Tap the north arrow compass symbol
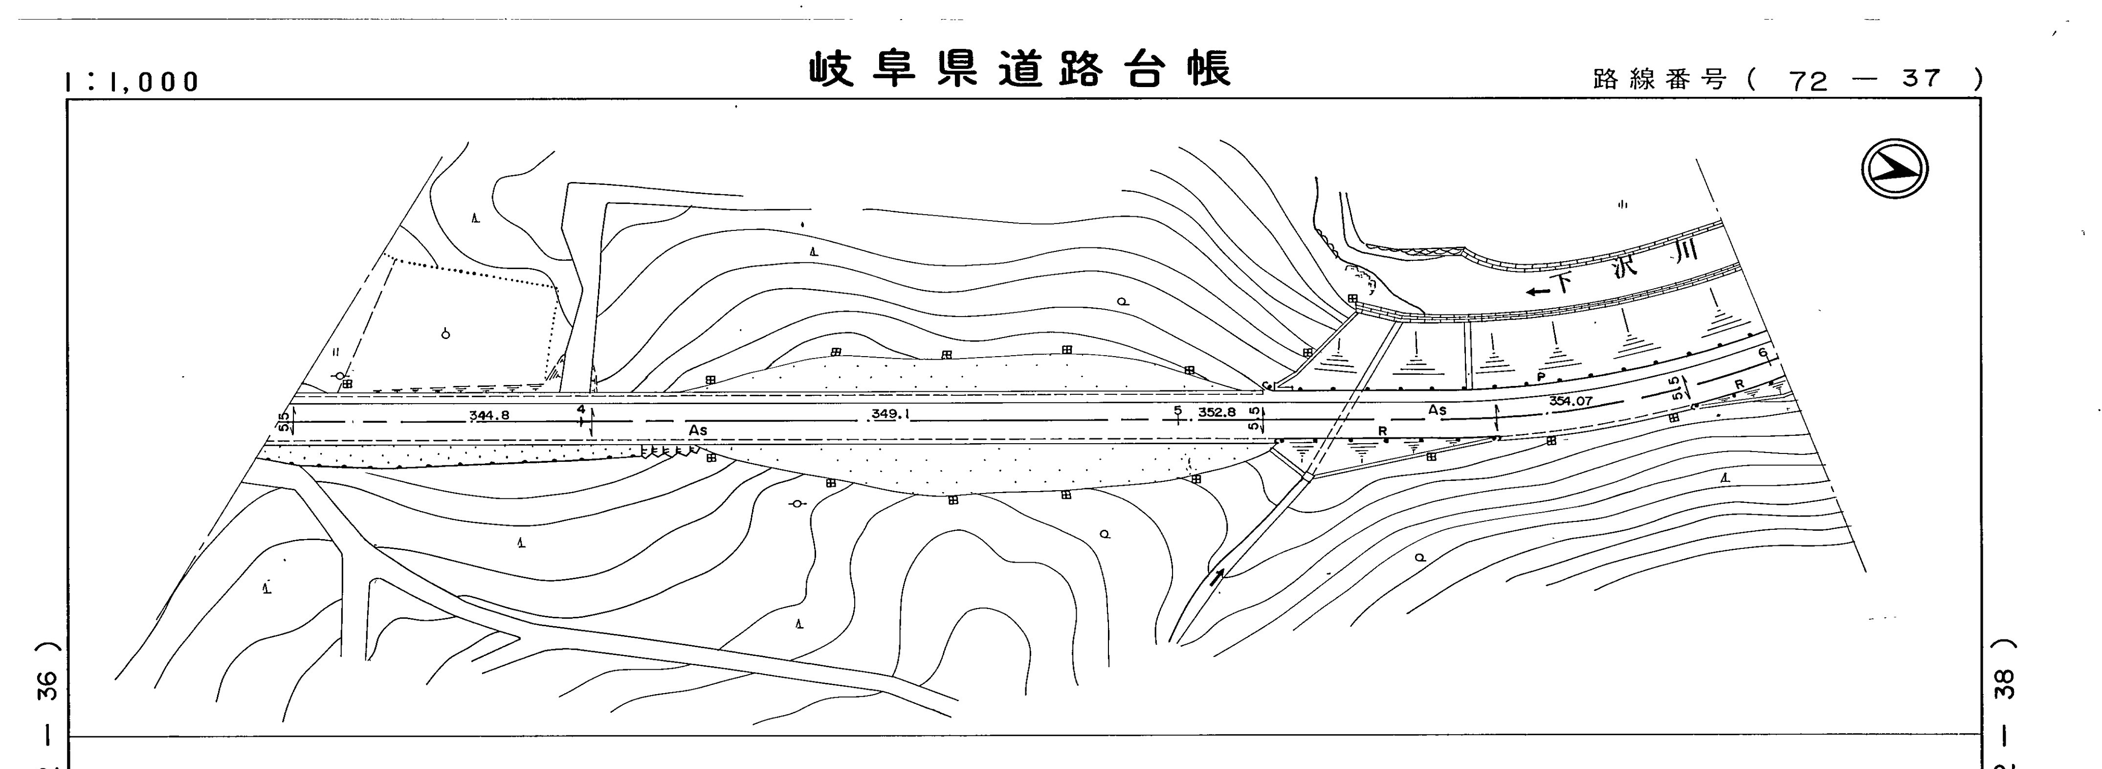pyautogui.click(x=1894, y=169)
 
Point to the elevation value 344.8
pyautogui.click(x=489, y=415)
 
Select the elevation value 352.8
pyautogui.click(x=1217, y=412)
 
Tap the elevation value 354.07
pyautogui.click(x=1571, y=401)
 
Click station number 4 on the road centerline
pyautogui.click(x=581, y=408)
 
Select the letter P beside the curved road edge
pyautogui.click(x=1541, y=376)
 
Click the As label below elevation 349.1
pyautogui.click(x=698, y=430)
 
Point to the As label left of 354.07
pyautogui.click(x=1437, y=410)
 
